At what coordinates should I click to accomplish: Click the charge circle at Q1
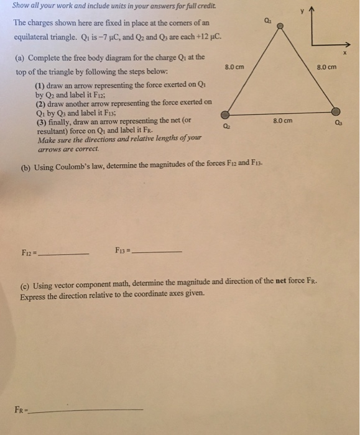pos(280,27)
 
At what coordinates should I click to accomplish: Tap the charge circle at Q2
pos(225,115)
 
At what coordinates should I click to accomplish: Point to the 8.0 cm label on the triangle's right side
pos(326,66)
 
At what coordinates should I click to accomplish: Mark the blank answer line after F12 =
pos(65,254)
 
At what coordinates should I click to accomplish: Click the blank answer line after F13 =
pos(158,252)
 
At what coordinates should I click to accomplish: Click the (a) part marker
pos(20,57)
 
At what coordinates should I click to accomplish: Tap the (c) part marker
pos(26,285)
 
